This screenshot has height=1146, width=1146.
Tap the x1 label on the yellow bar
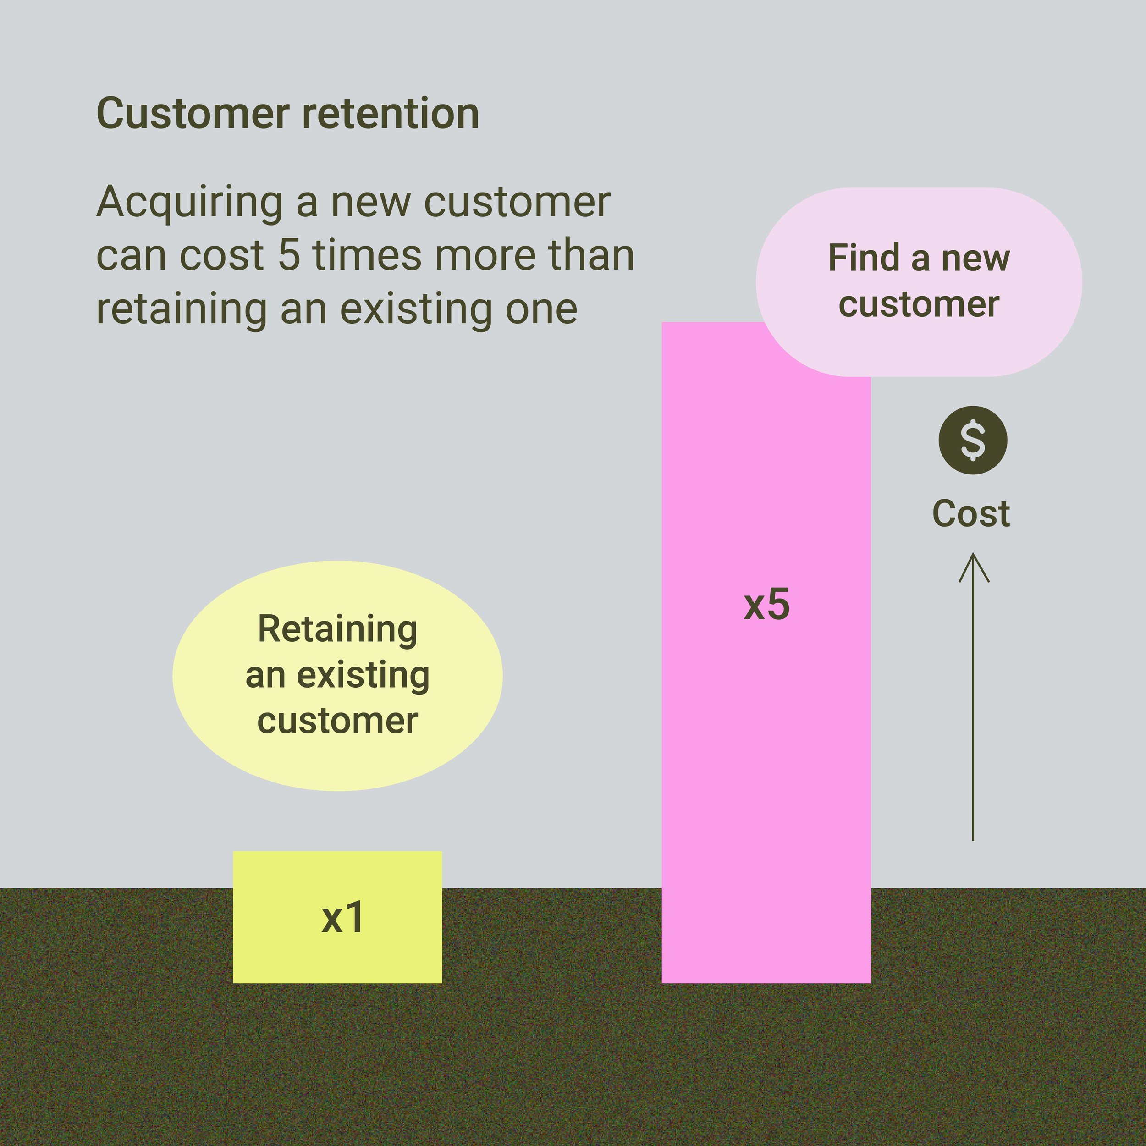click(x=342, y=918)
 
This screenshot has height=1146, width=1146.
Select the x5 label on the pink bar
click(x=766, y=605)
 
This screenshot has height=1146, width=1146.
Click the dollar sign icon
click(x=973, y=440)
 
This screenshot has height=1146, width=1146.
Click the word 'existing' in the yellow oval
click(x=363, y=676)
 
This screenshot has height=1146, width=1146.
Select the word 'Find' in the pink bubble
click(x=864, y=258)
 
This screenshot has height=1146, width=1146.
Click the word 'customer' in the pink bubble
click(x=919, y=304)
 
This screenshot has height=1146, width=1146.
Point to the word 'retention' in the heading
click(x=390, y=113)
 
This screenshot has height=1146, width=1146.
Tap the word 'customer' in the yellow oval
click(x=337, y=721)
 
